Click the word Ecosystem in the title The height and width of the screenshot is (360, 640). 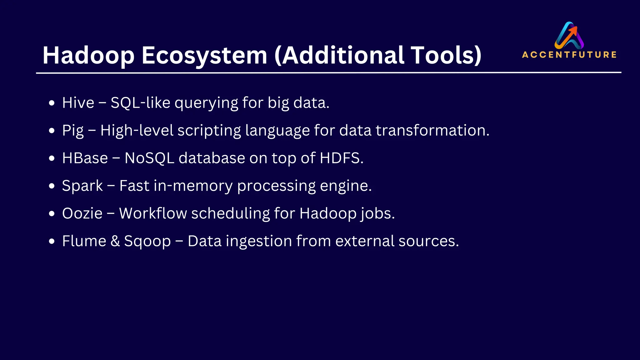pyautogui.click(x=204, y=56)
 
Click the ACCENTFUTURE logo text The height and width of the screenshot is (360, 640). pyautogui.click(x=569, y=55)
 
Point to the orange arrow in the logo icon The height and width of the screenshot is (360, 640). pyautogui.click(x=572, y=31)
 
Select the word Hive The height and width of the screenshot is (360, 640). pyautogui.click(x=78, y=103)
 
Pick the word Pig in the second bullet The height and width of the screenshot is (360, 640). pyautogui.click(x=73, y=131)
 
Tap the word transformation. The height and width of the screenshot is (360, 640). pyautogui.click(x=432, y=130)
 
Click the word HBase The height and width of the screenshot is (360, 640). pyautogui.click(x=85, y=158)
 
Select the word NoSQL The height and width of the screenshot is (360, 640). pyautogui.click(x=149, y=158)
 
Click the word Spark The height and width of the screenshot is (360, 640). pyautogui.click(x=82, y=186)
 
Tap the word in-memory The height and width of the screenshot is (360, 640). pyautogui.click(x=193, y=186)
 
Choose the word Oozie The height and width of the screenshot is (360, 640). pyautogui.click(x=82, y=213)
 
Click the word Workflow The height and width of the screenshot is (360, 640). pyautogui.click(x=153, y=213)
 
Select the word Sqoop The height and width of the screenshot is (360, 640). pyautogui.click(x=147, y=241)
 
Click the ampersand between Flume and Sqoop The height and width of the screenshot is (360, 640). pyautogui.click(x=115, y=241)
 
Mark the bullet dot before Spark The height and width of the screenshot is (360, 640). pyautogui.click(x=52, y=186)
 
